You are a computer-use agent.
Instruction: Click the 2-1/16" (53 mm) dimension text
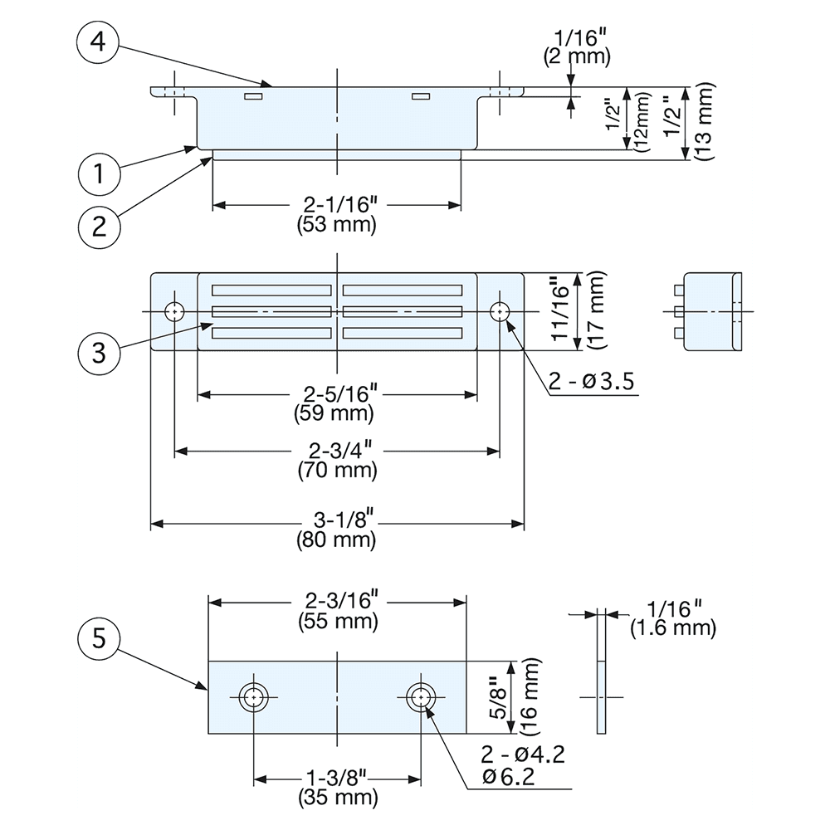337,214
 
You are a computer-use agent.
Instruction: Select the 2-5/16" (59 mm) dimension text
337,402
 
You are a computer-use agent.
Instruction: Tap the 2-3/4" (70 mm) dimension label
337,461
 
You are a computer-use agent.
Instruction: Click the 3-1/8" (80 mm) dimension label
337,531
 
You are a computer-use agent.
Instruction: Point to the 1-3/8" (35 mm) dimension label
337,788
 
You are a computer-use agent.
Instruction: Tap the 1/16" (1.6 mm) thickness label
672,618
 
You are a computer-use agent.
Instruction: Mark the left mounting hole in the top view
174,311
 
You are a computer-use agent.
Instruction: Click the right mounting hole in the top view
500,311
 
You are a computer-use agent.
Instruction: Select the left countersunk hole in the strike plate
253,697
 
